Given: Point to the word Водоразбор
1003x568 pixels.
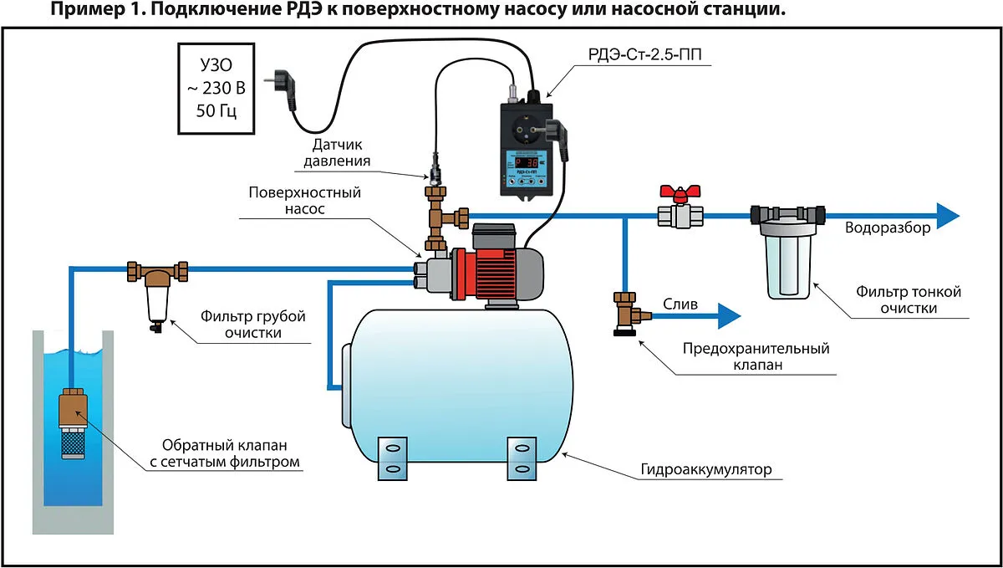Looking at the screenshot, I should click(886, 228).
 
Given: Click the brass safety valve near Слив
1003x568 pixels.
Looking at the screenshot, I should click(625, 314).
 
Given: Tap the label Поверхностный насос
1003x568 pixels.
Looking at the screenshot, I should click(305, 201).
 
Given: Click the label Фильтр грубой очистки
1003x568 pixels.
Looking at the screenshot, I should click(252, 325).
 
